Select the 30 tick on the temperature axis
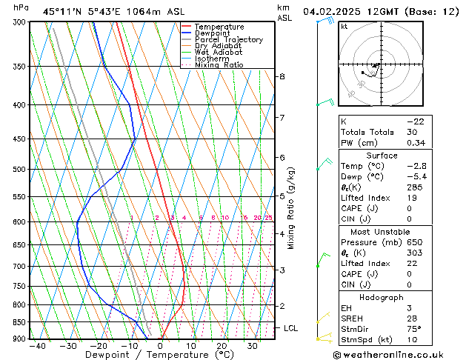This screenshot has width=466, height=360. pyautogui.click(x=253, y=346)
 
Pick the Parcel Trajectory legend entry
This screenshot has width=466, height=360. pyautogui.click(x=228, y=40)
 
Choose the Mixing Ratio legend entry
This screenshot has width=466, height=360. pyautogui.click(x=219, y=65)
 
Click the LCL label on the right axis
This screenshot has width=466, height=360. pyautogui.click(x=291, y=327)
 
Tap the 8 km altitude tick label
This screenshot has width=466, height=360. pyautogui.click(x=282, y=76)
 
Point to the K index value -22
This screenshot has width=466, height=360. pyautogui.click(x=415, y=121)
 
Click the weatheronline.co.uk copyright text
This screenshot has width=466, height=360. pyautogui.click(x=397, y=354)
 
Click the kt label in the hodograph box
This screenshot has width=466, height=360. pyautogui.click(x=344, y=27)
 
